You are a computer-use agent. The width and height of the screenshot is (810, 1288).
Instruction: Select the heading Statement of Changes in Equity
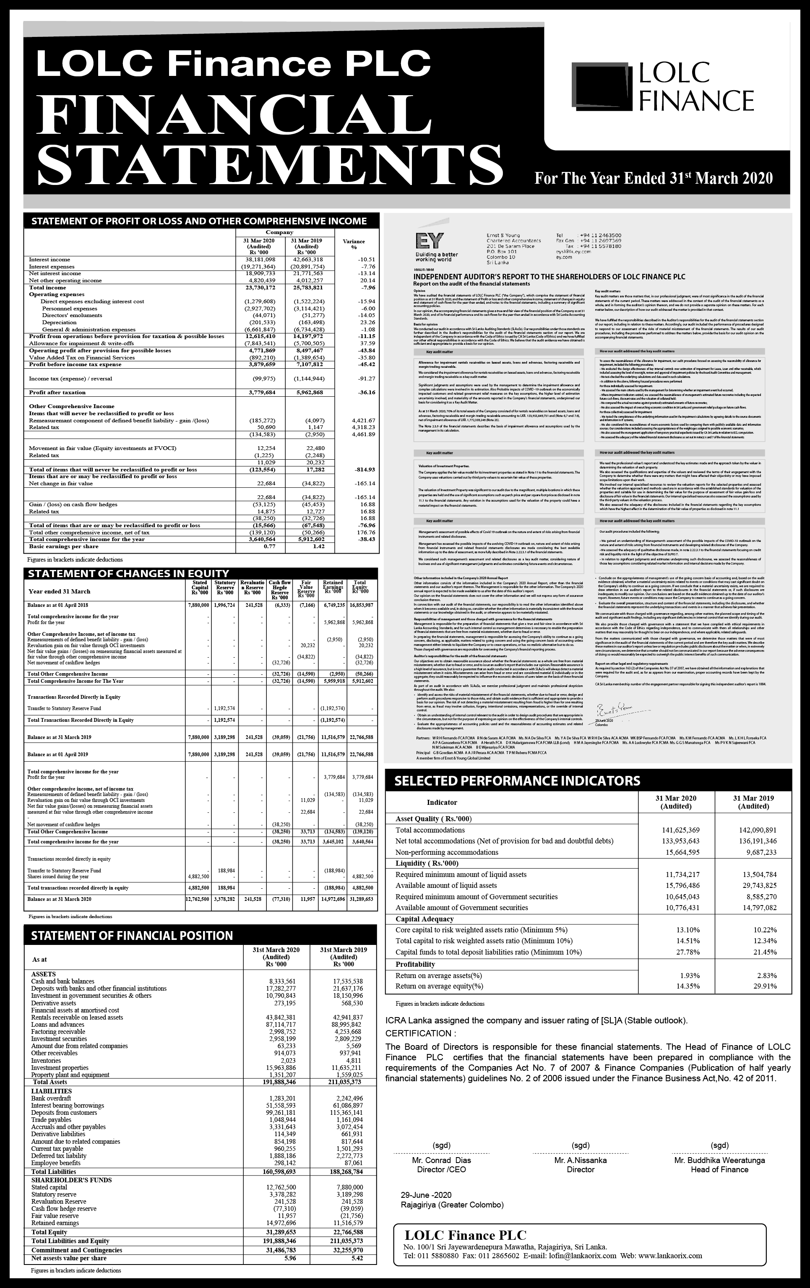coord(128,574)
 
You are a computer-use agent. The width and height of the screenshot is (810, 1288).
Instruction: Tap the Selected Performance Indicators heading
coord(517,781)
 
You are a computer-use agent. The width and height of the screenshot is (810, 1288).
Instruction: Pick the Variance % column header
coord(354,245)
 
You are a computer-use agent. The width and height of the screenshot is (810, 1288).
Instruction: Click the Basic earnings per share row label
coord(64,546)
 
